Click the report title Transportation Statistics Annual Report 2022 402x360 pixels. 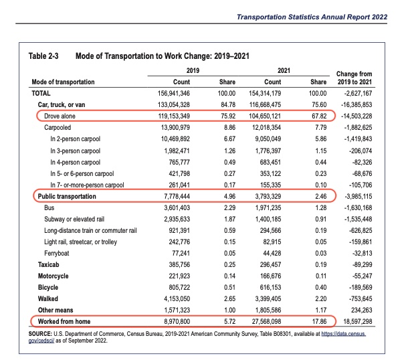pyautogui.click(x=312, y=17)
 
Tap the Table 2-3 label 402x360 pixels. pyautogui.click(x=43, y=56)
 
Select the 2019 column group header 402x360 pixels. pyautogui.click(x=193, y=70)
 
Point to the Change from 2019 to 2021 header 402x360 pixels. pyautogui.click(x=354, y=78)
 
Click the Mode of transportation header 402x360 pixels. pyautogui.click(x=63, y=82)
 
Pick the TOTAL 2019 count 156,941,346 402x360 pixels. pyautogui.click(x=173, y=93)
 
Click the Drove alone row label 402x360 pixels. pyautogui.click(x=60, y=116)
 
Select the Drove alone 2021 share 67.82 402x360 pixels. pyautogui.click(x=319, y=116)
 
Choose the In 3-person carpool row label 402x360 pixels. pyautogui.click(x=75, y=151)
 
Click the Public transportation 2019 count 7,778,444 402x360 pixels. pyautogui.click(x=177, y=197)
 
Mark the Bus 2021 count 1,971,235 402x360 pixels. pyautogui.click(x=268, y=207)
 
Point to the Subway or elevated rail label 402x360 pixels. pyautogui.click(x=74, y=219)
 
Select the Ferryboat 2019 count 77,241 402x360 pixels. pyautogui.click(x=181, y=254)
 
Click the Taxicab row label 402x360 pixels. pyautogui.click(x=48, y=264)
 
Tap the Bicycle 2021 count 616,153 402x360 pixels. pyautogui.click(x=270, y=288)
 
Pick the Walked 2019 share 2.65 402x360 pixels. pyautogui.click(x=229, y=298)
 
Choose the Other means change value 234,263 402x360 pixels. pyautogui.click(x=361, y=310)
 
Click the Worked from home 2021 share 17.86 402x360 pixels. pyautogui.click(x=319, y=322)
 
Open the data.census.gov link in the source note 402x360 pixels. pyautogui.click(x=343, y=334)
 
